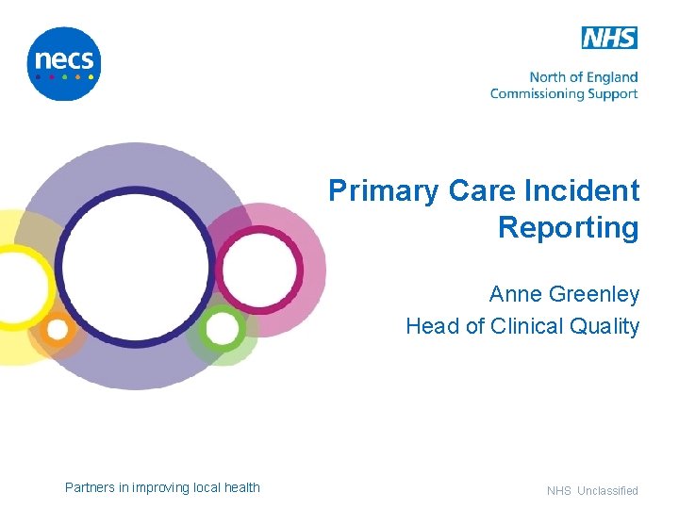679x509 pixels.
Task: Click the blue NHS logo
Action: [x=609, y=38]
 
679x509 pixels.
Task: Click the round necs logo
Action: [x=64, y=63]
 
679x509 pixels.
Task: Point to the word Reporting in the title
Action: [x=568, y=228]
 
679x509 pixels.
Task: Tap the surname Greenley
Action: [x=594, y=295]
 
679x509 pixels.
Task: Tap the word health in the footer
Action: [x=241, y=487]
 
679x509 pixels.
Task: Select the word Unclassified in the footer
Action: [x=607, y=491]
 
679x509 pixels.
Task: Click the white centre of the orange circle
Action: [x=58, y=330]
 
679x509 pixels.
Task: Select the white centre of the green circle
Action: [x=222, y=329]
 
